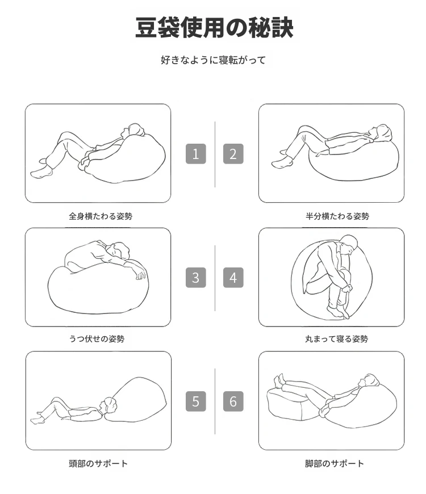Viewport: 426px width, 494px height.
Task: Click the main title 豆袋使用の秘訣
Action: tap(214, 27)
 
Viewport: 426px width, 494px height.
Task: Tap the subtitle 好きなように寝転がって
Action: tap(214, 60)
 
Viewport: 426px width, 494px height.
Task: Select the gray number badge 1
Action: tap(195, 154)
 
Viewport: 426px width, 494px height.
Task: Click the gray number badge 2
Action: tap(233, 154)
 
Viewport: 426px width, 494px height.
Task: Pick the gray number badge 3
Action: tap(195, 278)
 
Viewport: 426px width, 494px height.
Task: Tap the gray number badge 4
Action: tap(233, 278)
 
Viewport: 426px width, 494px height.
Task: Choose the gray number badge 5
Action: tap(195, 401)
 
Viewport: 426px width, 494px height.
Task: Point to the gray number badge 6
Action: tap(233, 401)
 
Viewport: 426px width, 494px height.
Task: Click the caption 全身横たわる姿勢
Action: tap(101, 216)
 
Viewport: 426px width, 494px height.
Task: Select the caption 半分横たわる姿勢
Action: tap(337, 216)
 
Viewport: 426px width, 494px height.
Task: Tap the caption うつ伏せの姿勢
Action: tap(97, 339)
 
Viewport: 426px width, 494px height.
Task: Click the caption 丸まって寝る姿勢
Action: tap(336, 339)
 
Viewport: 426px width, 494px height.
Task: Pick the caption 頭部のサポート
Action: tap(98, 463)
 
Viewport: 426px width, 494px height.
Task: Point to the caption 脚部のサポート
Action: tap(335, 463)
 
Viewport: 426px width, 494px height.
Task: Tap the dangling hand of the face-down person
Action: tap(140, 274)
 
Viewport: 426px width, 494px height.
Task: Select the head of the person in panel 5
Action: tap(108, 405)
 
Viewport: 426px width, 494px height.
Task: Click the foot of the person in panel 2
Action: tap(282, 164)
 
